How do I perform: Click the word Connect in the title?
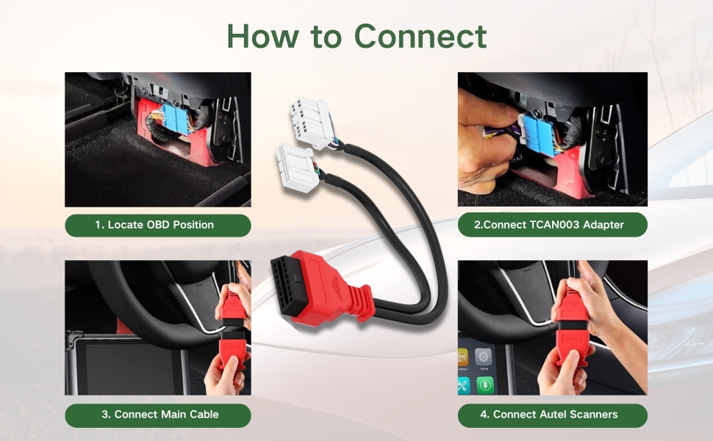coord(420,36)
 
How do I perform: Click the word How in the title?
coord(263,36)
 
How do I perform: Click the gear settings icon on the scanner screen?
coord(483,358)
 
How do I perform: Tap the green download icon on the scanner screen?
coord(484,386)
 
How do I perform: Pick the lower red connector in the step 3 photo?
coord(232,349)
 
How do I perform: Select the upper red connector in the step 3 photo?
coord(233,307)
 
